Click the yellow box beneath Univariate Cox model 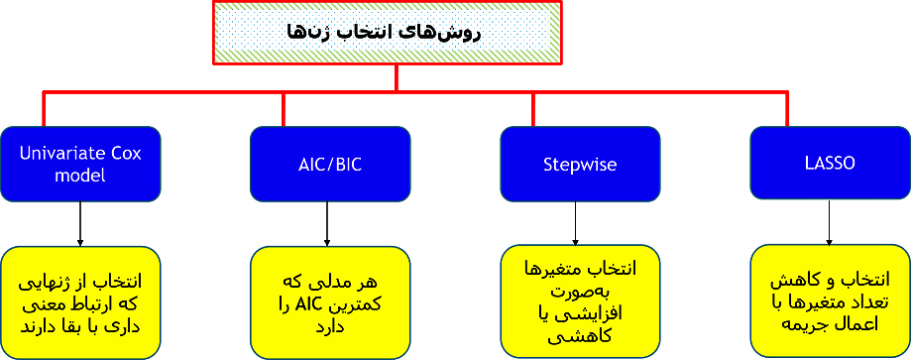coord(80,302)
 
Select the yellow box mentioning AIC coord(329,302)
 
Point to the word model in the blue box coord(80,175)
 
